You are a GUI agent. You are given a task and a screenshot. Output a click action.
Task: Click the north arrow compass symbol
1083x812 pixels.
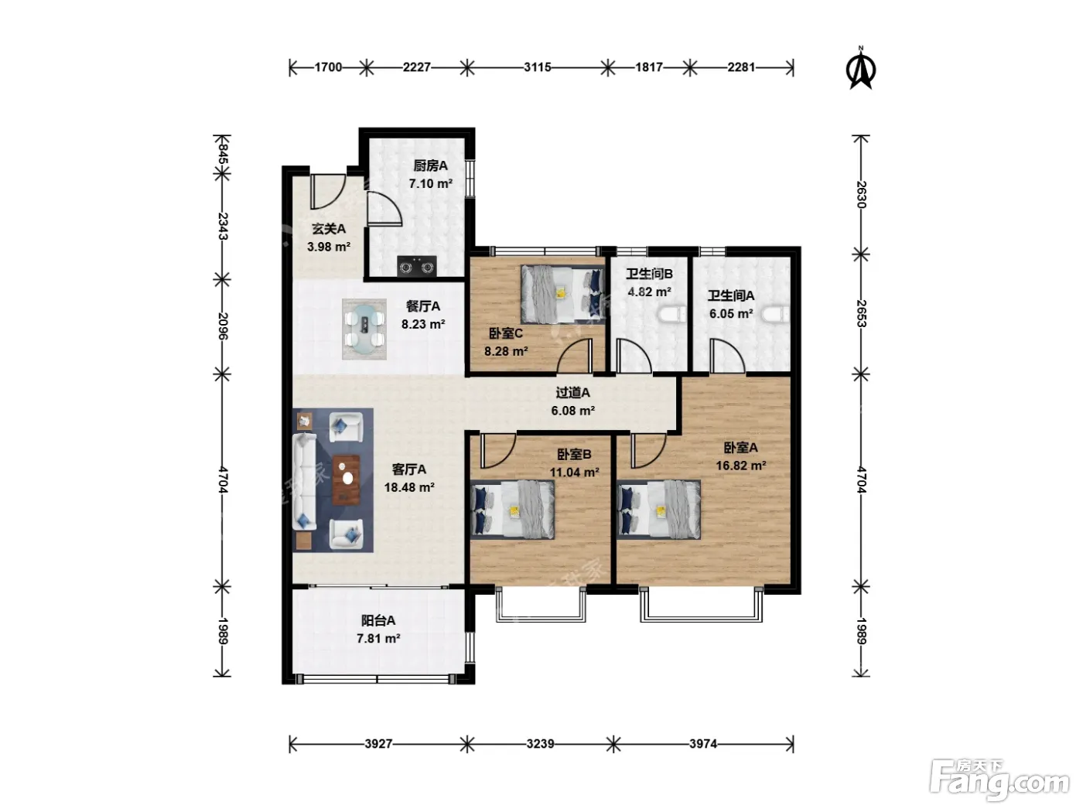pyautogui.click(x=861, y=70)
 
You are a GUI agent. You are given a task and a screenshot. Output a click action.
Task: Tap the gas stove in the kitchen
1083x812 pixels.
pyautogui.click(x=416, y=266)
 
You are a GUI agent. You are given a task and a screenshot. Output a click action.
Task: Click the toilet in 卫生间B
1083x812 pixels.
pyautogui.click(x=671, y=314)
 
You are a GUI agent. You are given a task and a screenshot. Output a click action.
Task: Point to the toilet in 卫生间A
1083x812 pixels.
pyautogui.click(x=775, y=314)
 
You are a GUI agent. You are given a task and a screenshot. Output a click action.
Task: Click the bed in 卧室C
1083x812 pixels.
pyautogui.click(x=563, y=295)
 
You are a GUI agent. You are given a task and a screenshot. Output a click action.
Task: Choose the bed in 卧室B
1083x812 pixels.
pyautogui.click(x=512, y=509)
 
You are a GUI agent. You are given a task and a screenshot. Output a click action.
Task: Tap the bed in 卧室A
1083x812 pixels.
pyautogui.click(x=658, y=510)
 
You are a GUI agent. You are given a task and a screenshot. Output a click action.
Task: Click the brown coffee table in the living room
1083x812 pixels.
pyautogui.click(x=347, y=479)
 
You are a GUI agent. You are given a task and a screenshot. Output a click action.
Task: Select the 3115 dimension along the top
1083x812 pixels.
pyautogui.click(x=538, y=67)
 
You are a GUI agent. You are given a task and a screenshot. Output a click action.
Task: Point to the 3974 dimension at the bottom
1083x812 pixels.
pyautogui.click(x=703, y=743)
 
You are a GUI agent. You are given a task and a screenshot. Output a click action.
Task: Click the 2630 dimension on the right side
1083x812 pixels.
pyautogui.click(x=861, y=195)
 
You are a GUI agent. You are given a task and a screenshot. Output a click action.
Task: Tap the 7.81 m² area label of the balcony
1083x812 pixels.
pyautogui.click(x=378, y=639)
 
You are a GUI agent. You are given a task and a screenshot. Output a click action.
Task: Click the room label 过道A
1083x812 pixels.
pyautogui.click(x=573, y=392)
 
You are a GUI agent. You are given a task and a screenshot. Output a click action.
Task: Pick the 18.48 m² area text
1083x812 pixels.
pyautogui.click(x=409, y=488)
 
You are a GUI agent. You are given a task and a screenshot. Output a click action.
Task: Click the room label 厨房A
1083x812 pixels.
pyautogui.click(x=430, y=165)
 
